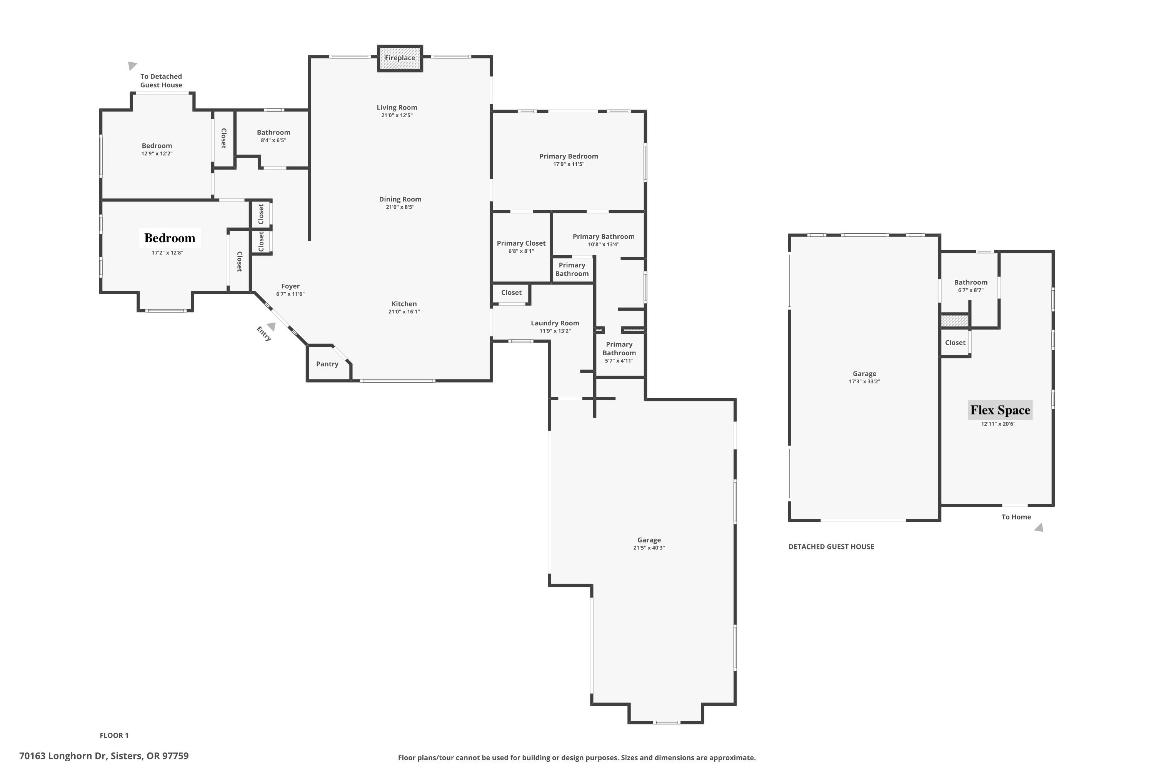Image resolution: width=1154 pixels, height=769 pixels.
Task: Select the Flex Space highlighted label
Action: tap(1000, 410)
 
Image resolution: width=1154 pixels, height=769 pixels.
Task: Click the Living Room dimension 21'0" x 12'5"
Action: tap(397, 116)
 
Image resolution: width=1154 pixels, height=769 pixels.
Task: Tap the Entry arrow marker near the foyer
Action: tap(271, 326)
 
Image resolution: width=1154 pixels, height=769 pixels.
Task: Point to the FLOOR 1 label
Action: tap(114, 735)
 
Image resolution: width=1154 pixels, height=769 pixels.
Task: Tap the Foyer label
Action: tap(290, 286)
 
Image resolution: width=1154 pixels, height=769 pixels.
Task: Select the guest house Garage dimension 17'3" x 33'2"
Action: tap(864, 381)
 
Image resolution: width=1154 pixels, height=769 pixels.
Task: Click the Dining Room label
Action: tap(400, 199)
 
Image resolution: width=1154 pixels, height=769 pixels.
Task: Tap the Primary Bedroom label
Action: tap(568, 156)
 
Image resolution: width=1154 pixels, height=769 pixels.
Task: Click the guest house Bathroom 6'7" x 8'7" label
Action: tap(970, 283)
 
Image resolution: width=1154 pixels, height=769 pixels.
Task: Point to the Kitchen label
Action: tap(404, 304)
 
